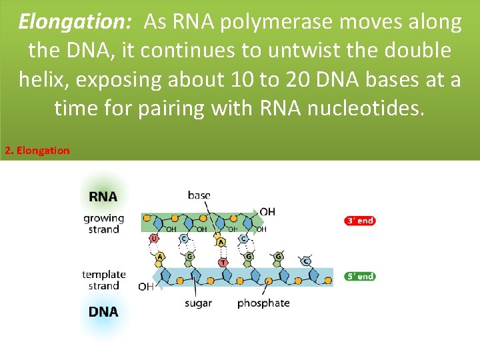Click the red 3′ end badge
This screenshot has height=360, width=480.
pyautogui.click(x=360, y=221)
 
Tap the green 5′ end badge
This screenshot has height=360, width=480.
pyautogui.click(x=360, y=276)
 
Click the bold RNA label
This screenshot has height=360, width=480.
pyautogui.click(x=103, y=197)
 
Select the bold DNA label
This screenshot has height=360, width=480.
pyautogui.click(x=103, y=311)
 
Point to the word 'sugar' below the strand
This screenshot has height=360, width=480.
pyautogui.click(x=198, y=303)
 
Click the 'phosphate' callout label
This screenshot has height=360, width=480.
pyautogui.click(x=263, y=303)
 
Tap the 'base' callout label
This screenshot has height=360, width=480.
pyautogui.click(x=199, y=195)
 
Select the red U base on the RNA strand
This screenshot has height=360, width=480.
pyautogui.click(x=155, y=238)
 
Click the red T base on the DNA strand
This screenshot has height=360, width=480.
pyautogui.click(x=223, y=263)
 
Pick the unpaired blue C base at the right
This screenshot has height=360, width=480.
pyautogui.click(x=306, y=261)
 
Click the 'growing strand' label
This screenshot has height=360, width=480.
pyautogui.click(x=103, y=223)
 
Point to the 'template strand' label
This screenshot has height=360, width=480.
pyautogui.click(x=104, y=279)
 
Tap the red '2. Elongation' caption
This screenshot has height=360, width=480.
pyautogui.click(x=37, y=150)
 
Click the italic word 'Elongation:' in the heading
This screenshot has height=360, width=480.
pyautogui.click(x=75, y=22)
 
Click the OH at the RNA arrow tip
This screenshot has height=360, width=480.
pyautogui.click(x=267, y=212)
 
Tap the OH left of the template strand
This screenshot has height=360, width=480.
pyautogui.click(x=145, y=287)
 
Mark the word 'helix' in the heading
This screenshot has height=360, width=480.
pyautogui.click(x=43, y=79)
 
